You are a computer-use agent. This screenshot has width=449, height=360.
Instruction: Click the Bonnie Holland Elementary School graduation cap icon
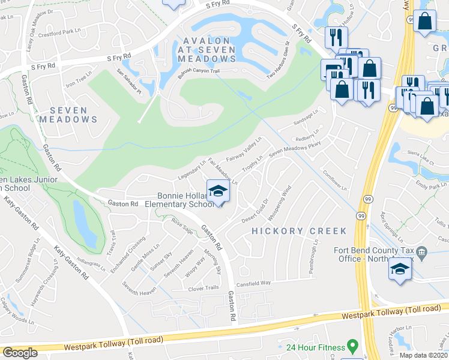point(218,192)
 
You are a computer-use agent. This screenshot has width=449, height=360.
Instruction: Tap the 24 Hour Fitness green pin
point(352,346)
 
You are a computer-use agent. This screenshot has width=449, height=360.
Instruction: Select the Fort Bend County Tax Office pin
point(421,253)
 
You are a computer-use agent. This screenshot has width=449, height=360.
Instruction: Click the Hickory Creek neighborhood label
point(299,231)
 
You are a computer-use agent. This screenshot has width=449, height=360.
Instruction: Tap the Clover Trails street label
point(203,288)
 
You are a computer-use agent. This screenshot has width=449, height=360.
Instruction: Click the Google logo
point(20,353)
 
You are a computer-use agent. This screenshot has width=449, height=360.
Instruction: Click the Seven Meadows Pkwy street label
point(295,148)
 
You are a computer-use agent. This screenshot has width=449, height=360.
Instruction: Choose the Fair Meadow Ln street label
point(223,172)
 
